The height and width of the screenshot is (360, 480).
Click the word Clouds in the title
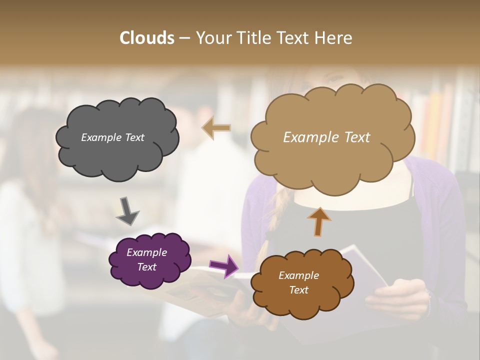pyautogui.click(x=147, y=38)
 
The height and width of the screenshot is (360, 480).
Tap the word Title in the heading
pyautogui.click(x=254, y=38)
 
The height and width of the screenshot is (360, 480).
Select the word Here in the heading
pyautogui.click(x=333, y=38)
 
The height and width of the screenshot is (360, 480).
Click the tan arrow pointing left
pyautogui.click(x=217, y=127)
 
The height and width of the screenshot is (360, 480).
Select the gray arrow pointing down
pyautogui.click(x=127, y=210)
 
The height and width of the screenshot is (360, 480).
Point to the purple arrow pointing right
pyautogui.click(x=224, y=266)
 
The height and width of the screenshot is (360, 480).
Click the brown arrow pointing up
pyautogui.click(x=318, y=221)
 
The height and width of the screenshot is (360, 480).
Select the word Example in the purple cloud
pyautogui.click(x=146, y=252)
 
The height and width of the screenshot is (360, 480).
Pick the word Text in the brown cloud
pyautogui.click(x=298, y=290)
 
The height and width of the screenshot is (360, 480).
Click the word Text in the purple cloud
pyautogui.click(x=147, y=267)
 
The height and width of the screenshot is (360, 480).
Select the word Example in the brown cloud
pyautogui.click(x=298, y=275)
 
